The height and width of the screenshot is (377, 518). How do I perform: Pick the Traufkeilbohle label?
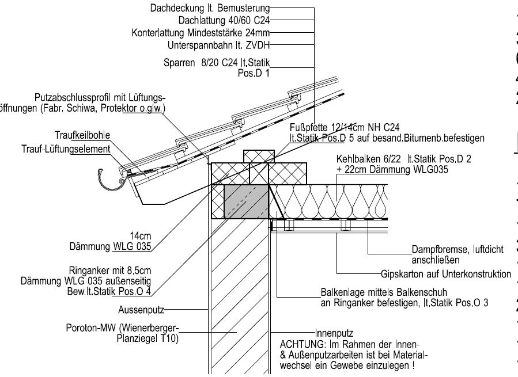coord(82,135)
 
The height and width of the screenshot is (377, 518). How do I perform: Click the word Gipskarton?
coord(403,273)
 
